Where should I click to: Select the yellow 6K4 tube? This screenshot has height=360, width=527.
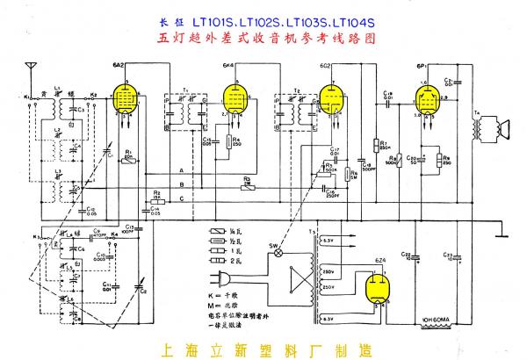coord(233,99)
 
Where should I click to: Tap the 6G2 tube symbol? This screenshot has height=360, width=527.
coord(330,99)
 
